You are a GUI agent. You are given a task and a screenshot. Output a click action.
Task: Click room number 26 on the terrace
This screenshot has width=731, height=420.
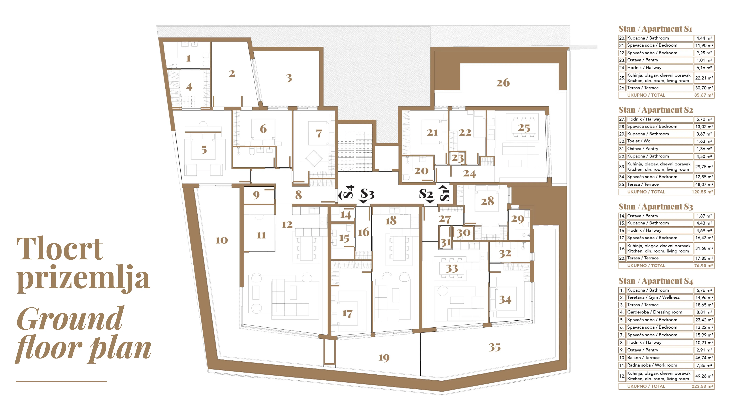503,83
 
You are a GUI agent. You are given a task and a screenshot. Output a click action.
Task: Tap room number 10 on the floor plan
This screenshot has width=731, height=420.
222,240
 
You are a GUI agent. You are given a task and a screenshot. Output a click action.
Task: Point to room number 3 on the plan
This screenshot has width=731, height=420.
289,78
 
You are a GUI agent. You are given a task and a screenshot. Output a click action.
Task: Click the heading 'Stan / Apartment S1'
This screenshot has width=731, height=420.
655,29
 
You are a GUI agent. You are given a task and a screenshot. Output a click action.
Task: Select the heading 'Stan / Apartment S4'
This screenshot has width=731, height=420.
656,281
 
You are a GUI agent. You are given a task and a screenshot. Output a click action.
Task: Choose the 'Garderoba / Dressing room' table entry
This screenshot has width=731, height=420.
654,312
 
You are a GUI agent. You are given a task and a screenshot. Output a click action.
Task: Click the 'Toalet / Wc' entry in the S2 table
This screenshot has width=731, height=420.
639,141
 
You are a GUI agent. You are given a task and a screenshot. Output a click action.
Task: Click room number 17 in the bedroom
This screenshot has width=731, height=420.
347,314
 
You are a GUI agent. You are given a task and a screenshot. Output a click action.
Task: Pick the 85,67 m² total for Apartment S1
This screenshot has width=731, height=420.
704,95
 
